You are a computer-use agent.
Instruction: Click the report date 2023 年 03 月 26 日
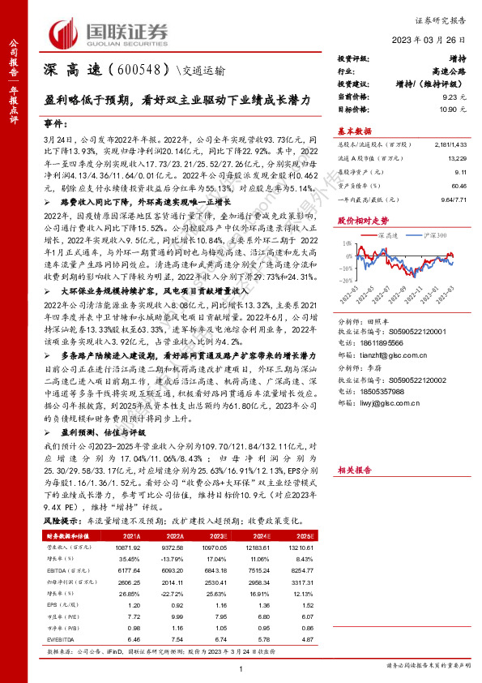(x=433, y=42)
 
